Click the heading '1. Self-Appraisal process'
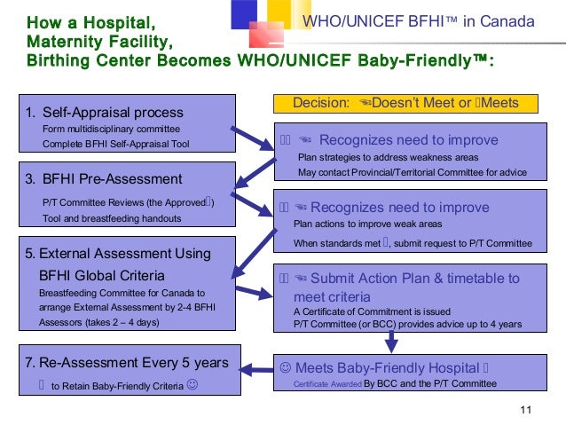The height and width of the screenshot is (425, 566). [104, 113]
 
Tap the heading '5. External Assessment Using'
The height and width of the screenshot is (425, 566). [118, 254]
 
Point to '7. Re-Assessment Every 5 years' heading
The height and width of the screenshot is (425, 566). [127, 363]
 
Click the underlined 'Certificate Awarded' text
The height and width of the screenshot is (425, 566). [327, 384]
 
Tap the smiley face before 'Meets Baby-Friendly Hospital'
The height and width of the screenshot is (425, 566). [284, 367]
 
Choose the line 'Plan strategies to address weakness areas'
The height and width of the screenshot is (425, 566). [389, 156]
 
